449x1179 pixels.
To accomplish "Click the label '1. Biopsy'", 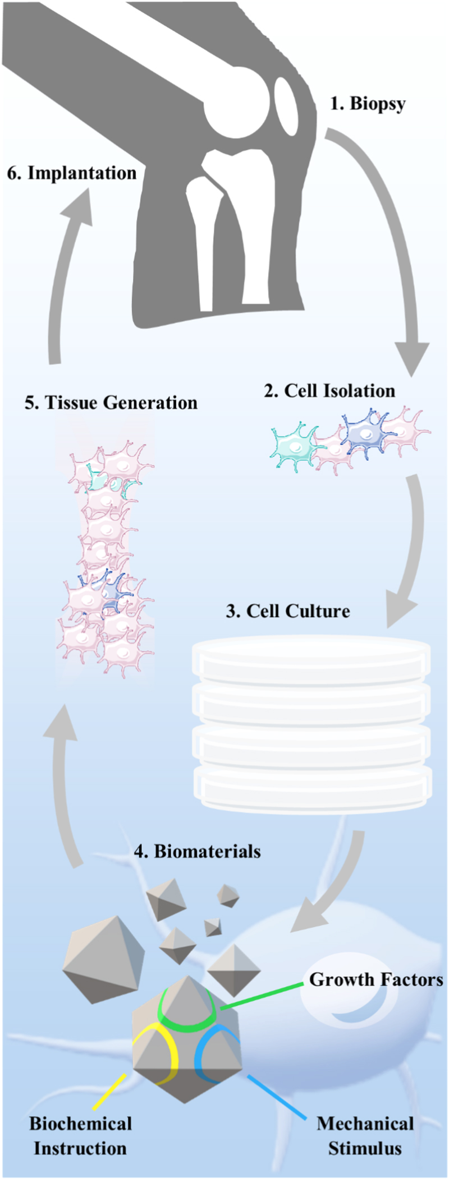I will [368, 104].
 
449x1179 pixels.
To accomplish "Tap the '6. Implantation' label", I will [72, 173].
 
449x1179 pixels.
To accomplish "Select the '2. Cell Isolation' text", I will [329, 391].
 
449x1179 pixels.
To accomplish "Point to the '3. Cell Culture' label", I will [287, 611].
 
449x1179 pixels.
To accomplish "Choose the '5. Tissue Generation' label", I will [111, 403].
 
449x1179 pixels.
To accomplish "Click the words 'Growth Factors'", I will [376, 979].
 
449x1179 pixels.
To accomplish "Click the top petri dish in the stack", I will [311, 662].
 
